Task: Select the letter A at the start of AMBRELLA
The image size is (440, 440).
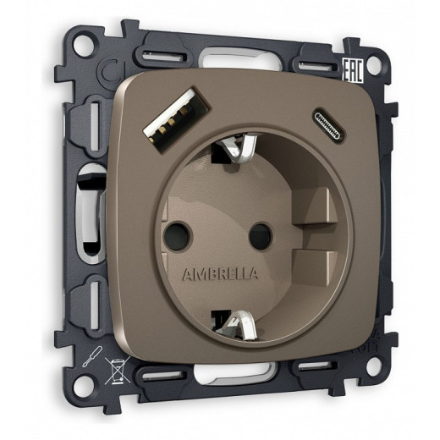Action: (x=188, y=274)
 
